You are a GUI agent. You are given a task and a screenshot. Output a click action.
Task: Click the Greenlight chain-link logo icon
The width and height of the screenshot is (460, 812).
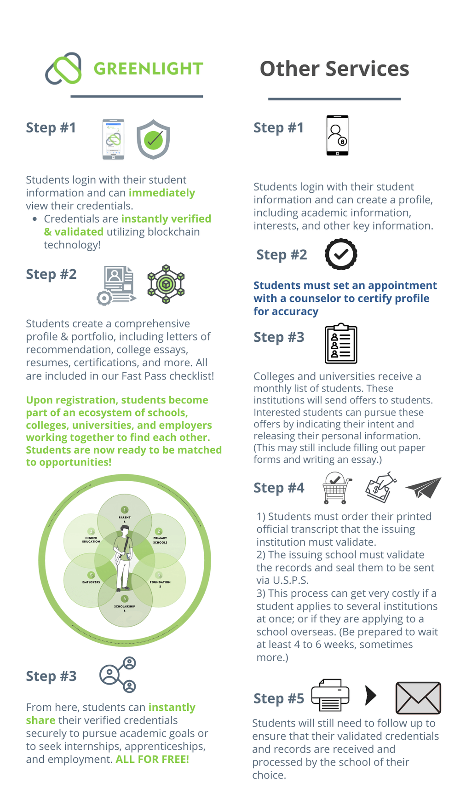pos(63,69)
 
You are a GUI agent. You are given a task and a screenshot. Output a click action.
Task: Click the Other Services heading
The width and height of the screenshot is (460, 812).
pos(334,69)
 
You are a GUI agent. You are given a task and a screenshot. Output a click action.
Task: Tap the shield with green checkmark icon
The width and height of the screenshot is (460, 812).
pos(153,139)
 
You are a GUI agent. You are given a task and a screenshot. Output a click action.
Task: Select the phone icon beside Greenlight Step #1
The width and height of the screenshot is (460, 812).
pos(113,139)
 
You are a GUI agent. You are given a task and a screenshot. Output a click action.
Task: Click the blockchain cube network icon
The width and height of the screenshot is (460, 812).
pos(166,284)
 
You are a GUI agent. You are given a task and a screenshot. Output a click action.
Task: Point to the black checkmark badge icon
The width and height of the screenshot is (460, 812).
pos(341,254)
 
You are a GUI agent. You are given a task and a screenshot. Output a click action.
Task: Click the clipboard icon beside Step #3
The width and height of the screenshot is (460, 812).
pos(341,343)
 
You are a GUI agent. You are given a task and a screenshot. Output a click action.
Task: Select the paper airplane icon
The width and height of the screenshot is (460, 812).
pos(423,488)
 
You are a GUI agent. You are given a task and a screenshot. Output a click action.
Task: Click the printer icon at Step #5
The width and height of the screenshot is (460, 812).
pos(330,695)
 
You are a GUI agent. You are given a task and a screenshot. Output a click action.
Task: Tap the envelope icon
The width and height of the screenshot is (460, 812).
pos(418,698)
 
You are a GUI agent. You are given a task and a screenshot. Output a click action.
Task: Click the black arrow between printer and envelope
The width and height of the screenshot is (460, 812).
pos(370,695)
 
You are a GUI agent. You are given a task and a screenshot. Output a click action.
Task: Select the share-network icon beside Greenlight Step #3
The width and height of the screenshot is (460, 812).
pos(118,674)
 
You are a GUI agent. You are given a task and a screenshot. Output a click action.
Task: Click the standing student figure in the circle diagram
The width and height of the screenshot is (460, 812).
pos(124,559)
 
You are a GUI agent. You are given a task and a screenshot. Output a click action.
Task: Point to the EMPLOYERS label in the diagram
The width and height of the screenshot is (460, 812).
pos(91,582)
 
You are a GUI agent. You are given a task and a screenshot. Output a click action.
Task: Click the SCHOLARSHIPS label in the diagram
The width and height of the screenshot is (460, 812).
pos(125,607)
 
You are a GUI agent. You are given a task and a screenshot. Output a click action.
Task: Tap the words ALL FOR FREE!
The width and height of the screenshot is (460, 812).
pos(152,759)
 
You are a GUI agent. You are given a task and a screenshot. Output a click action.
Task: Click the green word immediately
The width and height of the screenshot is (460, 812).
pos(161,193)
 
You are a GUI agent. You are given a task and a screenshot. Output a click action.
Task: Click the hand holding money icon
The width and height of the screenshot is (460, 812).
pos(380,488)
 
